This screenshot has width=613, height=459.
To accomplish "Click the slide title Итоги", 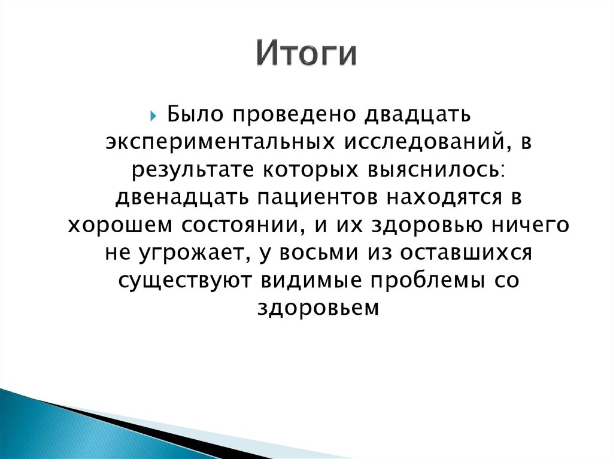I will (x=306, y=54).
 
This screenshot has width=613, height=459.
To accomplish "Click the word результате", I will (x=193, y=169).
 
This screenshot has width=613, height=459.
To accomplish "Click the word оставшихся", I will (x=467, y=253).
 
